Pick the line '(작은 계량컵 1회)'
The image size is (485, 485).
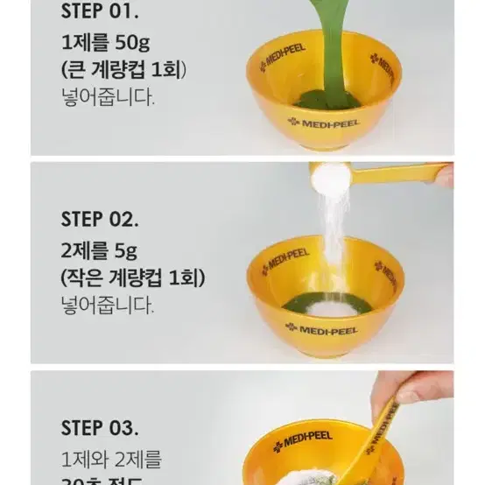[x=132, y=278]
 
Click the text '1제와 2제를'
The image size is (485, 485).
[x=111, y=460]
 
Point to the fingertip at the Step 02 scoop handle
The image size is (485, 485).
[x=445, y=176]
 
